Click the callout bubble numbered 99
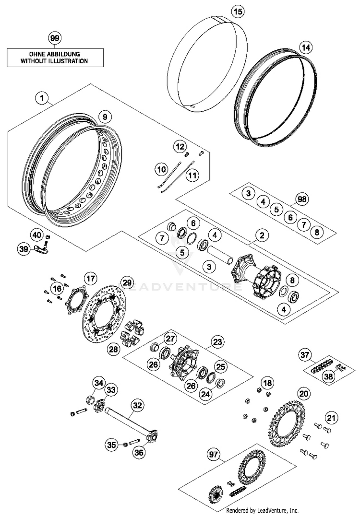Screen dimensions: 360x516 (x=55, y=38)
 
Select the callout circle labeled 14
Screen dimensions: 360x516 (x=306, y=48)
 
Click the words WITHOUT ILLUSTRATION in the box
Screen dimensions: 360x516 (x=54, y=61)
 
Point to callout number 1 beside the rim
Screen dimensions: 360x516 (x=42, y=98)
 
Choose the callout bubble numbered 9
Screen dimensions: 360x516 (x=105, y=117)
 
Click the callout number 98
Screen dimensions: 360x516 (x=302, y=199)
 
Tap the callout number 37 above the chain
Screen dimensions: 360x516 (x=305, y=355)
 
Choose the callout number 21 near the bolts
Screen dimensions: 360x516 (x=331, y=418)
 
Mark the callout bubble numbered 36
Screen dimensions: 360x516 (x=139, y=453)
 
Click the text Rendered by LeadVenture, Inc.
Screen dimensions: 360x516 (x=262, y=510)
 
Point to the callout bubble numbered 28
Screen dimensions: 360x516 (x=114, y=349)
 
